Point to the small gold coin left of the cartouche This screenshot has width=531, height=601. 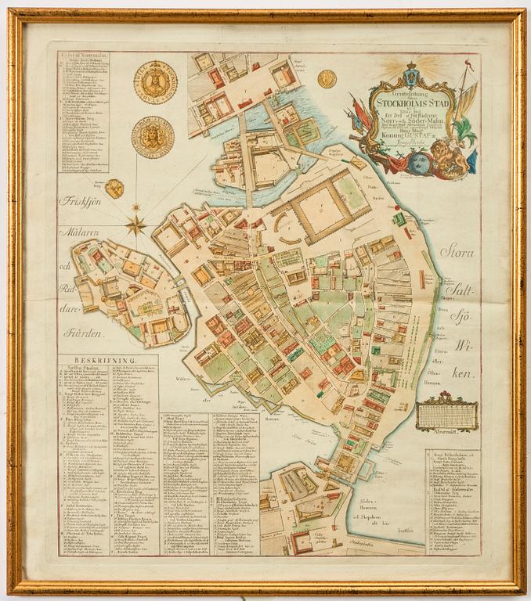click(x=327, y=77)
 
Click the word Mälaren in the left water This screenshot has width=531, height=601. click(x=81, y=232)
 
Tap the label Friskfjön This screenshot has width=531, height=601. click(x=84, y=199)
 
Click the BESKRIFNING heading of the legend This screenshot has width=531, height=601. click(x=95, y=362)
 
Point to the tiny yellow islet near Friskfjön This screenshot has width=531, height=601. click(x=114, y=189)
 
